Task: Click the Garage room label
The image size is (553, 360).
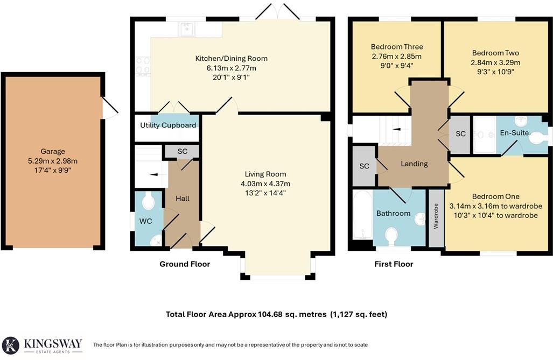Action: (x=52, y=152)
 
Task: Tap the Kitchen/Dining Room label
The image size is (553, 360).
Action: (x=231, y=59)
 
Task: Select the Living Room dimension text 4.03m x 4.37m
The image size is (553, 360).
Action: (x=268, y=183)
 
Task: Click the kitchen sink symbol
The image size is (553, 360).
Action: (x=187, y=29)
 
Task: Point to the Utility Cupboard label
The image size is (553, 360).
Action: (x=168, y=125)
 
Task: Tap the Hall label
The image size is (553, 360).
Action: (x=183, y=199)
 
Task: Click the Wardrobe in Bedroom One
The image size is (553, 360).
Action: (x=436, y=218)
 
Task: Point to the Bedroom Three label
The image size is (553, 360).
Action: (x=396, y=47)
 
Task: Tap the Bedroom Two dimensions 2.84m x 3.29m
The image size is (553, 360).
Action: (x=495, y=62)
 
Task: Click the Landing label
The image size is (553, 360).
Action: (x=414, y=164)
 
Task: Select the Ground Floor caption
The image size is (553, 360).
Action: (x=185, y=264)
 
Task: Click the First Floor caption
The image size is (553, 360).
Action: (x=394, y=264)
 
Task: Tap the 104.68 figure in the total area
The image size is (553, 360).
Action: (x=271, y=314)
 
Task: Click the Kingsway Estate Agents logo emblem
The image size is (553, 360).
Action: (x=11, y=345)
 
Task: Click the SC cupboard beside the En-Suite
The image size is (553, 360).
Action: (x=460, y=134)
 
